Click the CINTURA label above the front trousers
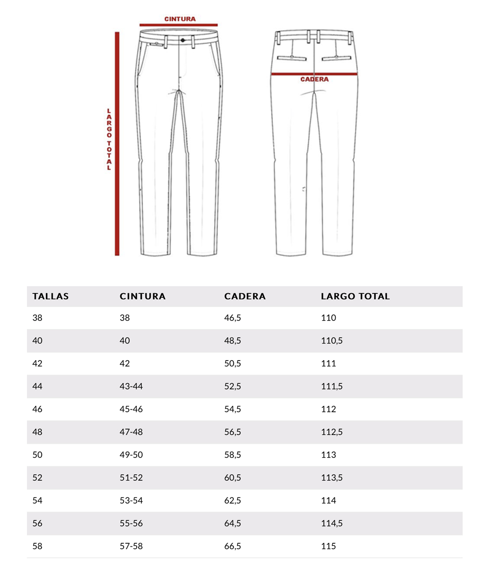(180, 19)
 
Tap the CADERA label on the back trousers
(314, 79)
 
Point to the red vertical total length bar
(117, 143)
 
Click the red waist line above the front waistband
(179, 25)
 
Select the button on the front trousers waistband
(183, 39)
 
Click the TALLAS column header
(50, 296)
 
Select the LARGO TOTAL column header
(355, 296)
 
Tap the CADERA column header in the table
(245, 296)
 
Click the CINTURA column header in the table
(142, 296)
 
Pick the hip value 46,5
(232, 318)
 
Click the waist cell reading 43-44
(131, 387)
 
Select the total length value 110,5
(332, 341)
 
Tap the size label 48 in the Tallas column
(37, 432)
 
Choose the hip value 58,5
(232, 455)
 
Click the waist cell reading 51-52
(131, 478)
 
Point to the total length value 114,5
(332, 523)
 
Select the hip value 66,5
(232, 547)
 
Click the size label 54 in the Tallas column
(37, 501)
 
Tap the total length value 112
(328, 409)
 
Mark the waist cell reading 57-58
(131, 547)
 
